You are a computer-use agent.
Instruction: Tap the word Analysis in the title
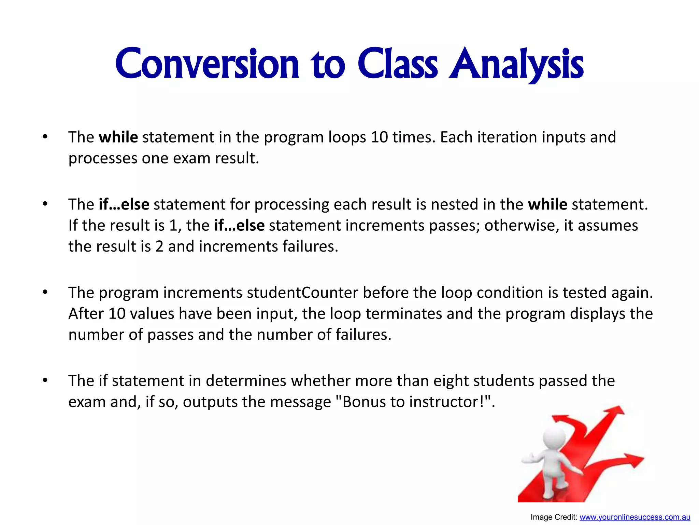(x=516, y=64)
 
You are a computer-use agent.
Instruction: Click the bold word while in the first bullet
(x=118, y=137)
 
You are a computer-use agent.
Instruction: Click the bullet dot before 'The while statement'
(x=45, y=137)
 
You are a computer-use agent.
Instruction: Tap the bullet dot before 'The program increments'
(x=45, y=293)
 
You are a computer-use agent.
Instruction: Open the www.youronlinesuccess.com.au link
(x=634, y=517)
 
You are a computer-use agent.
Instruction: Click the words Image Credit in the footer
(x=553, y=517)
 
